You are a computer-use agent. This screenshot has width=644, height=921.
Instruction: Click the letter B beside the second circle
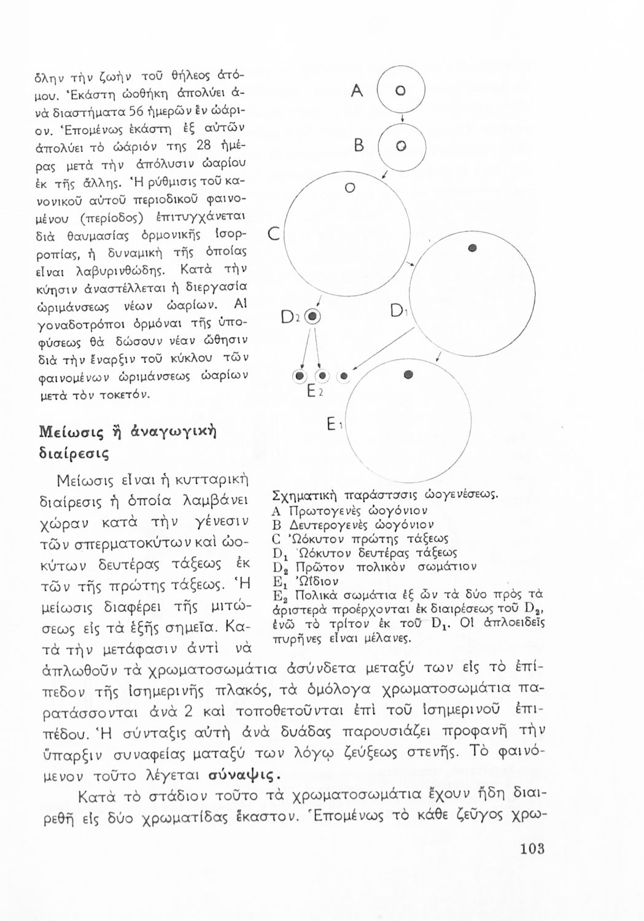360,146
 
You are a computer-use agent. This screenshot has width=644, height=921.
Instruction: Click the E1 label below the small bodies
333,424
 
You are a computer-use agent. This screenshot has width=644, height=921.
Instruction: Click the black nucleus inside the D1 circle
472,248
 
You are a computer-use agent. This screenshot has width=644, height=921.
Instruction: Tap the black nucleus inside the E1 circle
407,374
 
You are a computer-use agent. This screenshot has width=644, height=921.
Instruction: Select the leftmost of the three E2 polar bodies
300,376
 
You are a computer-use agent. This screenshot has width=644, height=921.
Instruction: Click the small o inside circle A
398,91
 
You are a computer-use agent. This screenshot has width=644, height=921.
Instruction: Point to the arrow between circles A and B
400,119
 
